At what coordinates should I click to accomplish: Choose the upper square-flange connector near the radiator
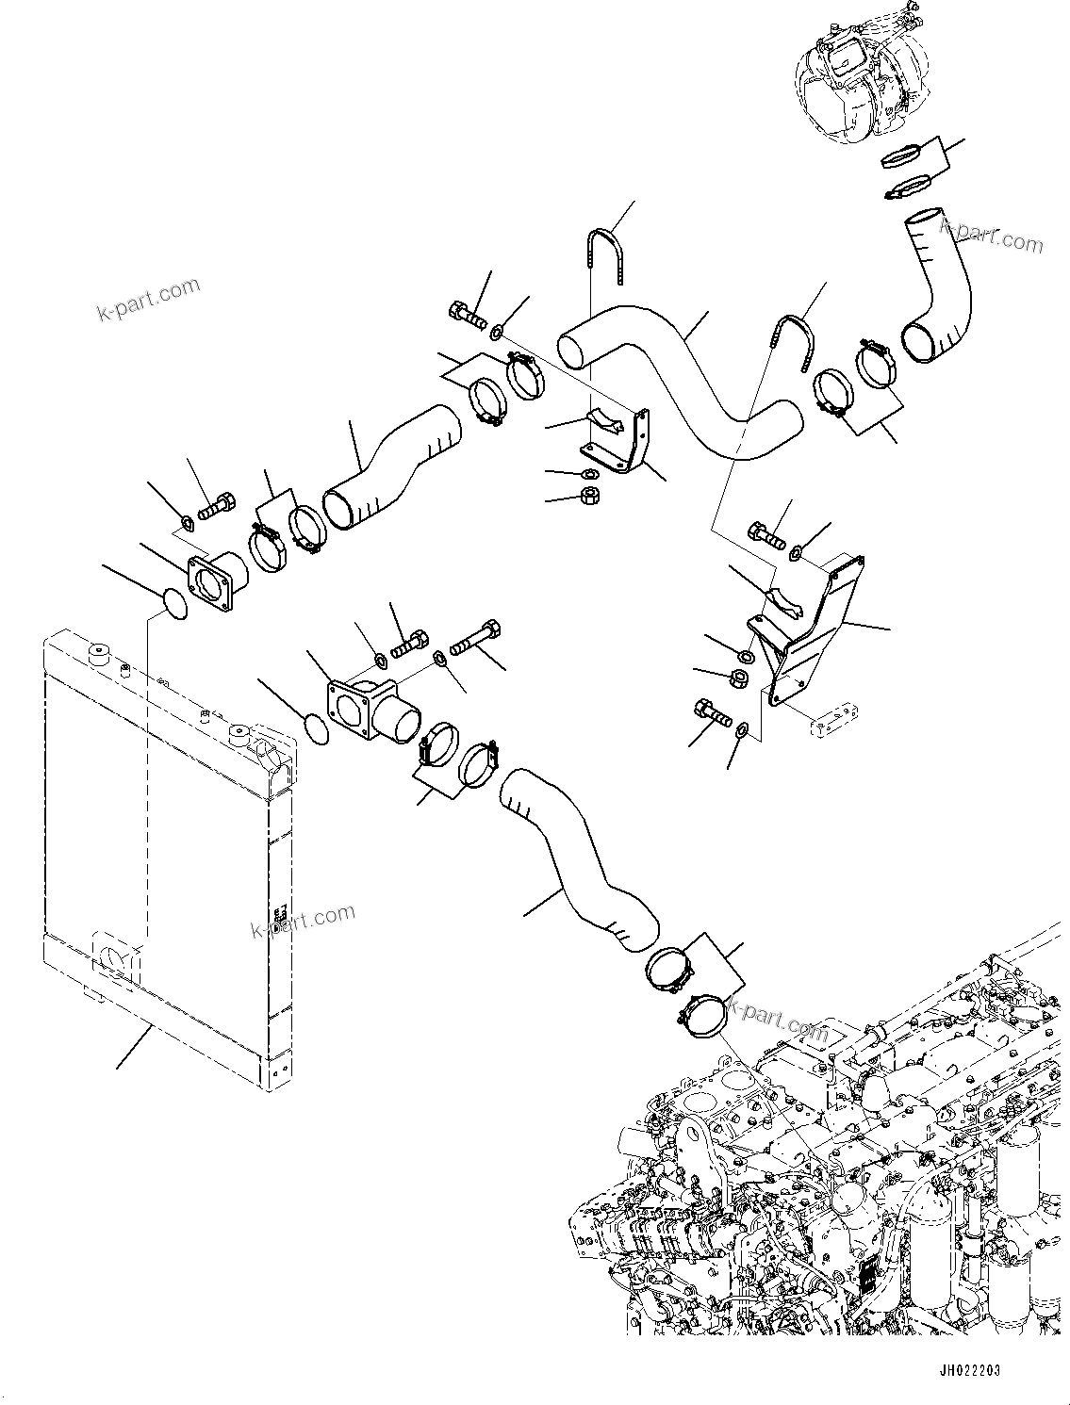(x=216, y=584)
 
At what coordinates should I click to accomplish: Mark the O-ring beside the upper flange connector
(x=171, y=604)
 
